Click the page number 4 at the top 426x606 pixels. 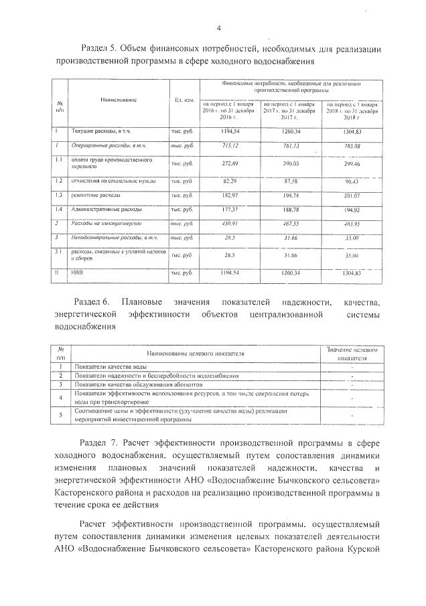[x=219, y=27]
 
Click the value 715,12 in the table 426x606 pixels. [x=230, y=145]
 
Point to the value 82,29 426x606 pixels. [x=230, y=181]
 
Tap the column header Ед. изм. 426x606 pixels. [x=184, y=100]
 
